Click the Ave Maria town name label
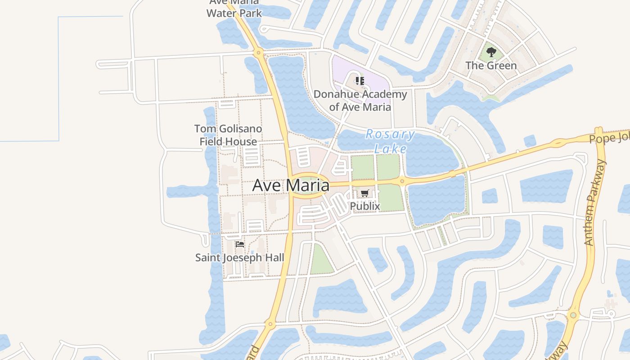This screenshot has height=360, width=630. point(290,185)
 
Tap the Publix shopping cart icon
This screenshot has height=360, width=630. point(364,193)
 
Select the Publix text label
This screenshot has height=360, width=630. point(364,206)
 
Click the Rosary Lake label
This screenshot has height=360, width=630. point(390,141)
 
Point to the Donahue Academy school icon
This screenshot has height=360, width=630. point(360,81)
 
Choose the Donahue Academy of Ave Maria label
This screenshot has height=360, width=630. point(360,101)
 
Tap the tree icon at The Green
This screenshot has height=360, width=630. point(491,52)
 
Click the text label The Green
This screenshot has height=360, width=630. point(491,66)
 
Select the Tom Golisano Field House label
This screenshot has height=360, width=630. point(228,135)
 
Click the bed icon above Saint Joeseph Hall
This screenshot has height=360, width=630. point(240,244)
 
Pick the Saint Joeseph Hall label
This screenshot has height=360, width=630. point(239,257)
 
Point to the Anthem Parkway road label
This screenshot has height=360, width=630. point(595,202)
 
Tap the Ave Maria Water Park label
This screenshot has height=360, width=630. point(234,9)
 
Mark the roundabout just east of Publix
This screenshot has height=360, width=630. point(402,181)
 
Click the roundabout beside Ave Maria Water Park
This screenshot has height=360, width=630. point(258,53)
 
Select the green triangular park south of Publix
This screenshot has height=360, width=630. point(321,261)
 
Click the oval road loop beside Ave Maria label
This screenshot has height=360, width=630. point(310,185)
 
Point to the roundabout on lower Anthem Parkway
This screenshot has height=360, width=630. point(573,315)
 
